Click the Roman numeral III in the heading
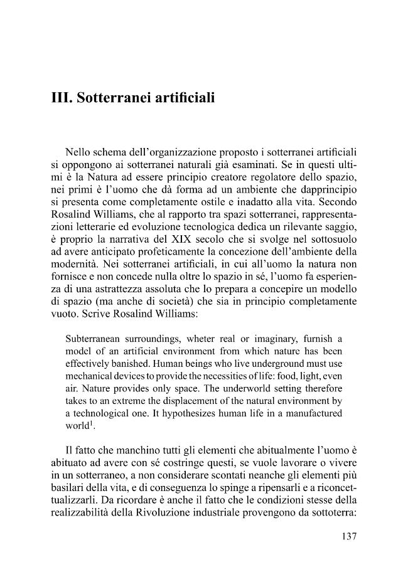pyautogui.click(x=62, y=98)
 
